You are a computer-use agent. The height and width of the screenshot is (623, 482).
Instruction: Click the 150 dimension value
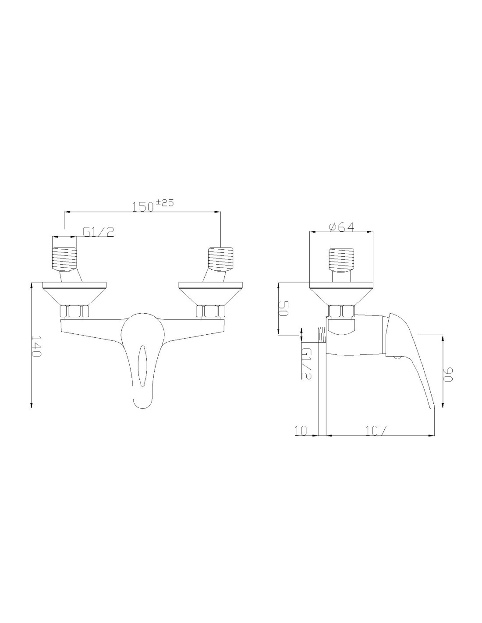point(143,207)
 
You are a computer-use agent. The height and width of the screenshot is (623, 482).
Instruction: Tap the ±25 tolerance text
point(165,203)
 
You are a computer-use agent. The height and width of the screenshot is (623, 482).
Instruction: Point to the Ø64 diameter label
point(342,227)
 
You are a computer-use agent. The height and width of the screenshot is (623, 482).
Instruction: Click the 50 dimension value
point(283,308)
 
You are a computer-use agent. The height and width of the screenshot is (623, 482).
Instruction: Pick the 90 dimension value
point(447,374)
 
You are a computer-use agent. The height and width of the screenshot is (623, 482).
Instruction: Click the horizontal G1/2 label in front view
point(98,232)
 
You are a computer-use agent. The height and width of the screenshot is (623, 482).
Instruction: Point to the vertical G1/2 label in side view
point(306,364)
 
